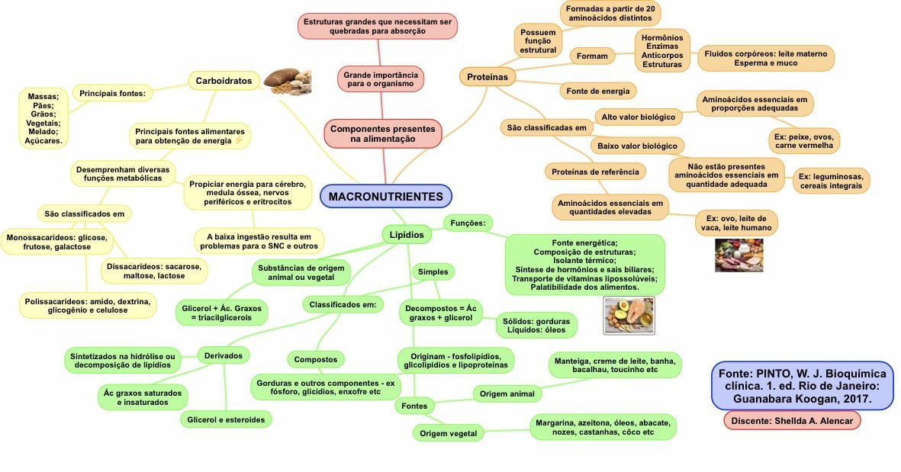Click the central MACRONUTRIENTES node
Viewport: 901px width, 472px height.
pos(385,197)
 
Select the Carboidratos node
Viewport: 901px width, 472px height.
pos(224,80)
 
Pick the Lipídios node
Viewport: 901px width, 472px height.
pos(407,235)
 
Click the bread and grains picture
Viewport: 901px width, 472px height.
pos(287,82)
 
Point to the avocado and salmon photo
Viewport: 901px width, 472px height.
pos(629,315)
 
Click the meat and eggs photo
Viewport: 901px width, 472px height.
pos(738,255)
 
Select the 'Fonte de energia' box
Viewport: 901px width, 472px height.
pos(598,91)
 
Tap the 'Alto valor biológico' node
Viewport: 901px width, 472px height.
pos(639,117)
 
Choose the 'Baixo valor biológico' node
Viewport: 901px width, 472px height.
pos(638,145)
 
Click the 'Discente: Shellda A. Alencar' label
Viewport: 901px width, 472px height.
pos(793,420)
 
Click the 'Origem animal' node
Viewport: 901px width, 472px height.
pos(507,393)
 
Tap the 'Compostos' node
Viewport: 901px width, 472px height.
pos(316,358)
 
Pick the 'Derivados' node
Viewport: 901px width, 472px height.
pos(224,355)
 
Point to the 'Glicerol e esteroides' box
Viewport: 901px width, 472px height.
pos(226,419)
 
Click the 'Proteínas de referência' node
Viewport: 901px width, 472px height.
pos(595,172)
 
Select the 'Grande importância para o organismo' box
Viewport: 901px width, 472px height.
pos(380,79)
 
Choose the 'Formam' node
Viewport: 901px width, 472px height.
pos(592,56)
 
